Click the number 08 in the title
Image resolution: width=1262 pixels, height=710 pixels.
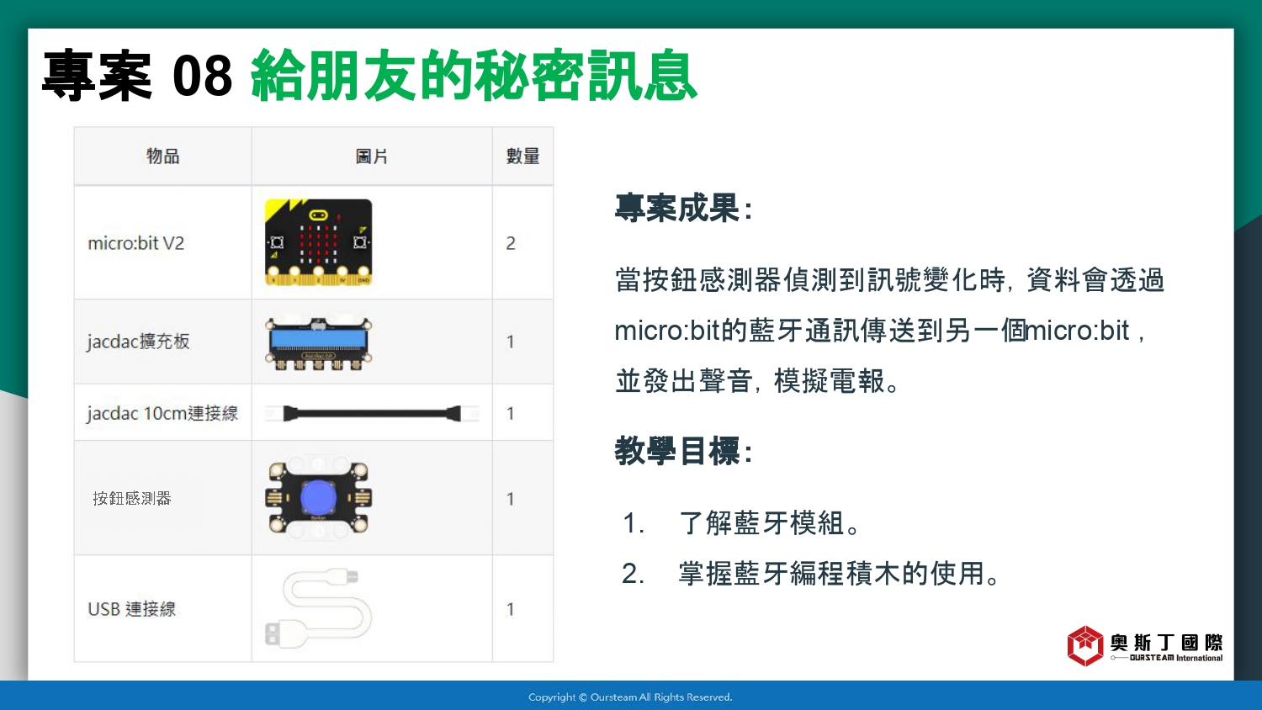(x=202, y=76)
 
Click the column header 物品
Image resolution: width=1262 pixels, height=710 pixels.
(x=163, y=156)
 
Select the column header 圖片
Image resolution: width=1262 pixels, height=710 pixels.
(x=372, y=156)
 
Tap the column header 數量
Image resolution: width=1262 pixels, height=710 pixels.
(x=522, y=156)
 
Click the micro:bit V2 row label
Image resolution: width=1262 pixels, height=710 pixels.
(x=135, y=243)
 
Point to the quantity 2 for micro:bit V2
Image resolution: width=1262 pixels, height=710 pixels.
(x=511, y=243)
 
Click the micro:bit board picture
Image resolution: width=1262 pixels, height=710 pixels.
(x=318, y=241)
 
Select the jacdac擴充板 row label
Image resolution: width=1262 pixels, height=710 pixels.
(x=138, y=342)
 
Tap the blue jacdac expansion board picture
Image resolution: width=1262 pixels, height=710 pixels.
(x=318, y=343)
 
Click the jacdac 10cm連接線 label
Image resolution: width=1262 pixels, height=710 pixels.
(x=162, y=413)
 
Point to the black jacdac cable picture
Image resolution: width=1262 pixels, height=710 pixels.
(x=372, y=414)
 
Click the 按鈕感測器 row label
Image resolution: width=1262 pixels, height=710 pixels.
(x=132, y=498)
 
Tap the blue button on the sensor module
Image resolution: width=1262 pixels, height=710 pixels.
(x=318, y=497)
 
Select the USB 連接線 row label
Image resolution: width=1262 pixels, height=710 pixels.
(x=132, y=608)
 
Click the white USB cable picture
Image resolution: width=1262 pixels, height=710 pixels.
(x=318, y=608)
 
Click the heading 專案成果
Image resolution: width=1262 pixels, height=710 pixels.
(x=683, y=208)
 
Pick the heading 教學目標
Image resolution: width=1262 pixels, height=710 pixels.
(x=683, y=451)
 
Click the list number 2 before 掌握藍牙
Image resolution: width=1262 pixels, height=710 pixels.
(x=633, y=574)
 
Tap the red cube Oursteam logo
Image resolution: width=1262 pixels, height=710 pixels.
(x=1085, y=646)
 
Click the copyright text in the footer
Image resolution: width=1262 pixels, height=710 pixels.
(x=630, y=697)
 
